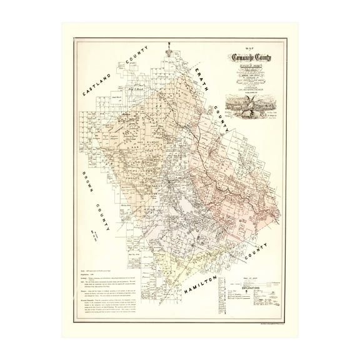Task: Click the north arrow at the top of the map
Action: (169, 47)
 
